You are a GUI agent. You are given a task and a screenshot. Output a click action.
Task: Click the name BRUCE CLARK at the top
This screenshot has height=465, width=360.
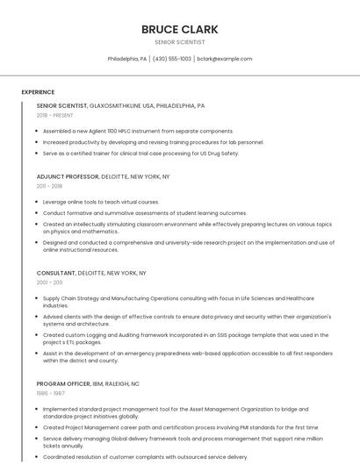[x=179, y=29]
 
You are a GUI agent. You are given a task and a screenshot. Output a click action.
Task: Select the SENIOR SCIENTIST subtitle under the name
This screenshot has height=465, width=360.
[x=179, y=41]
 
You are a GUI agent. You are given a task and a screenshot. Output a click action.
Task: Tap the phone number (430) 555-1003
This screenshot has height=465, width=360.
[x=172, y=59]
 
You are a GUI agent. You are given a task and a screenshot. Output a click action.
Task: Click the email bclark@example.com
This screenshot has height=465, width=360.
[x=224, y=59]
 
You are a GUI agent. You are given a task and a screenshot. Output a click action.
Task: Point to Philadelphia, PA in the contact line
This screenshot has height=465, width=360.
[x=127, y=59]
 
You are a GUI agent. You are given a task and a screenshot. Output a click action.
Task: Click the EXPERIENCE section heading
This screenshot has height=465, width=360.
[x=38, y=92]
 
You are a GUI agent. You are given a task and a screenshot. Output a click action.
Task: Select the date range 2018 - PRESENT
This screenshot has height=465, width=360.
[x=54, y=115]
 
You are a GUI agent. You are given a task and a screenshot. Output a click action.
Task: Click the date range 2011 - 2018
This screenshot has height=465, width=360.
[x=49, y=186]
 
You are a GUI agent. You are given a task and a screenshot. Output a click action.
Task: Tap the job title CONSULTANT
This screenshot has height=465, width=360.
[x=56, y=273]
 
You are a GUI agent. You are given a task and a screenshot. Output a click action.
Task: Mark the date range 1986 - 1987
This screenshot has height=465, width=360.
[x=49, y=394]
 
